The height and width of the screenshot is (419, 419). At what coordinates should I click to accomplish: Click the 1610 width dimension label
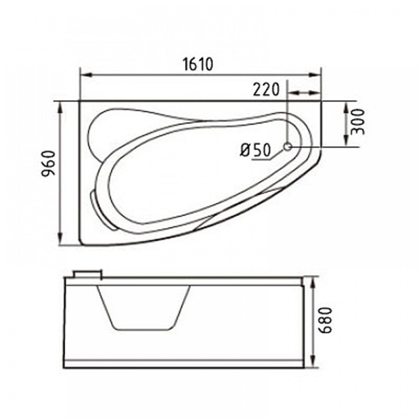pos(198,64)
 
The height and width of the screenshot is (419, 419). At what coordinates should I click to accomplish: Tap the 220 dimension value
pos(266,89)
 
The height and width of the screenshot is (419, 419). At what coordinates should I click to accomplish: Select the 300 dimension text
pos(358,122)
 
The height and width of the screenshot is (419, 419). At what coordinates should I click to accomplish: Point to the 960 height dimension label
pos(48,163)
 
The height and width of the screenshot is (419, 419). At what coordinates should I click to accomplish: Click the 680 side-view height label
pos(326,320)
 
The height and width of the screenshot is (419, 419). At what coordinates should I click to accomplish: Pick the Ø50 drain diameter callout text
pos(256,150)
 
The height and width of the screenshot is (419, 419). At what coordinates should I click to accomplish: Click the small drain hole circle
pos(288,147)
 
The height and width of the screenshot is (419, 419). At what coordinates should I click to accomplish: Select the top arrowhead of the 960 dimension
pos(61,108)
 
